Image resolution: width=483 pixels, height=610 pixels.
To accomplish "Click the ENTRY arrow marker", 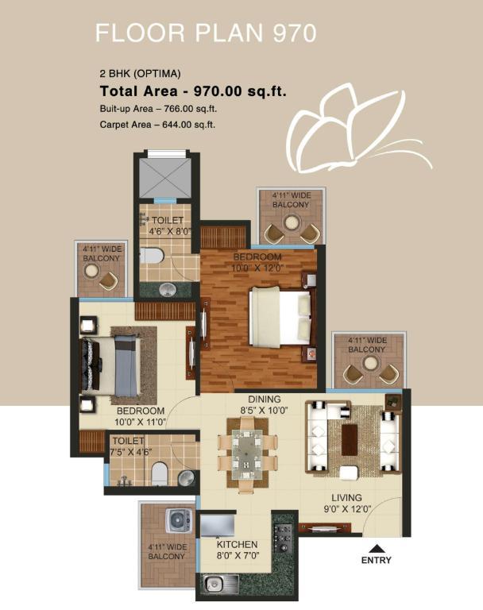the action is [376, 549].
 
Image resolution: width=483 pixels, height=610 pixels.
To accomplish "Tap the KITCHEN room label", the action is [237, 545].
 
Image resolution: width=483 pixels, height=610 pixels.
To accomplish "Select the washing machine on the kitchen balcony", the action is [179, 520].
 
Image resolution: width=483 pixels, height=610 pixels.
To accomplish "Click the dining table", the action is [247, 454].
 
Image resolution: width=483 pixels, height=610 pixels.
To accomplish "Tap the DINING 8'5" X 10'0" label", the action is [265, 404].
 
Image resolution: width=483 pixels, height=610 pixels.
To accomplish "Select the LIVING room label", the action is [347, 497].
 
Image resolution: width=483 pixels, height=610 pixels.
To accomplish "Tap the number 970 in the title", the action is [294, 33].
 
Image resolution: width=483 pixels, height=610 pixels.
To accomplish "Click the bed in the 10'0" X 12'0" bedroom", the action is [280, 316].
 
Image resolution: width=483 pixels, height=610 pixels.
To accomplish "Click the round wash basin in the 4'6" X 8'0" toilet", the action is [168, 289].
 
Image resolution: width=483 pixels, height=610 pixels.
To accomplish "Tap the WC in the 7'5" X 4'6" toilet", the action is [159, 473].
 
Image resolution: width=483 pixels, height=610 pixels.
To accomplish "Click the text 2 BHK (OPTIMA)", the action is [140, 74].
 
